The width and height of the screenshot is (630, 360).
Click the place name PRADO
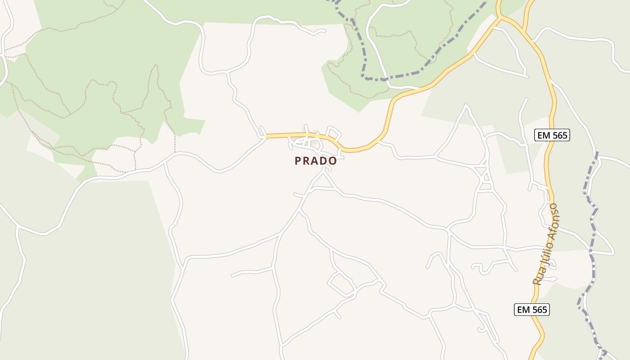315,161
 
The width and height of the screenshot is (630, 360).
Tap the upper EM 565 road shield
552,135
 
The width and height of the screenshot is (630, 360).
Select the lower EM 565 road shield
532,310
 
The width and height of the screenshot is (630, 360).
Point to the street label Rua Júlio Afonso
545,245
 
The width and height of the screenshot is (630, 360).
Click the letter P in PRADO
298,161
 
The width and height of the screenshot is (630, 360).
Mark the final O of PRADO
333,161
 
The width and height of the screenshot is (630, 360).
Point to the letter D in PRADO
324,161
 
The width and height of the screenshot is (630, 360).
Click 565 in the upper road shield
558,135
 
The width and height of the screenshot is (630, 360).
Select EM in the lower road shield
523,310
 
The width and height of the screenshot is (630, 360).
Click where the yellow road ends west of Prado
267,136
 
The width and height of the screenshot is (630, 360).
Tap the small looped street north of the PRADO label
333,133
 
